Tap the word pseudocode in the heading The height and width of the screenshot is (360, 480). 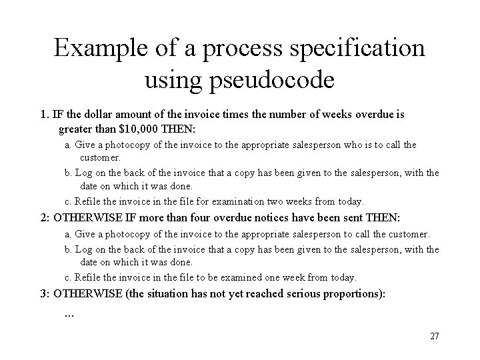[x=273, y=81]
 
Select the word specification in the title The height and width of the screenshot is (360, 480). [x=358, y=49]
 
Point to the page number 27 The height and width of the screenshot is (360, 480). [x=434, y=336]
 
